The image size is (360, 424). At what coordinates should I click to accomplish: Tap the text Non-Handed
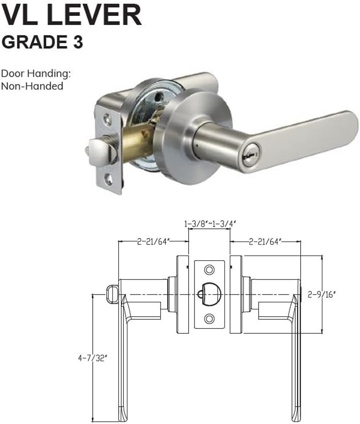[x=32, y=86]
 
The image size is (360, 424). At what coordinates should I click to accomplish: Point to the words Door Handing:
[x=36, y=74]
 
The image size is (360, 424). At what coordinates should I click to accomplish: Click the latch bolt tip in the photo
[x=95, y=146]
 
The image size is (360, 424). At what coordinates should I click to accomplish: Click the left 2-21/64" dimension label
[x=152, y=240]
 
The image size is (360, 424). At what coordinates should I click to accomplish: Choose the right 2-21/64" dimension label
[x=265, y=240]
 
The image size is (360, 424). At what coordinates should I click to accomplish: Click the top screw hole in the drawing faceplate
[x=209, y=269]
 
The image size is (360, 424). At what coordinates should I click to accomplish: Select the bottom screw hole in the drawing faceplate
[x=209, y=318]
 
